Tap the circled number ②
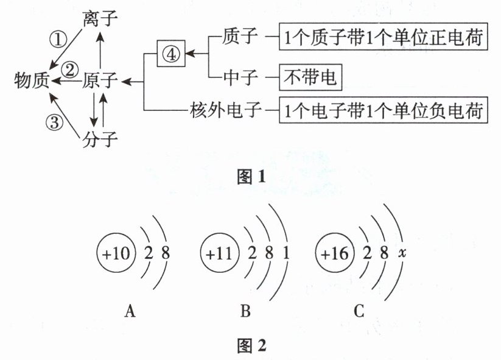(71, 69)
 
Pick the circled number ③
(54, 122)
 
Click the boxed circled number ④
(171, 54)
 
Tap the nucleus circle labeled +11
(220, 253)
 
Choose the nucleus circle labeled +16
(335, 253)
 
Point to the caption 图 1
(251, 177)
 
